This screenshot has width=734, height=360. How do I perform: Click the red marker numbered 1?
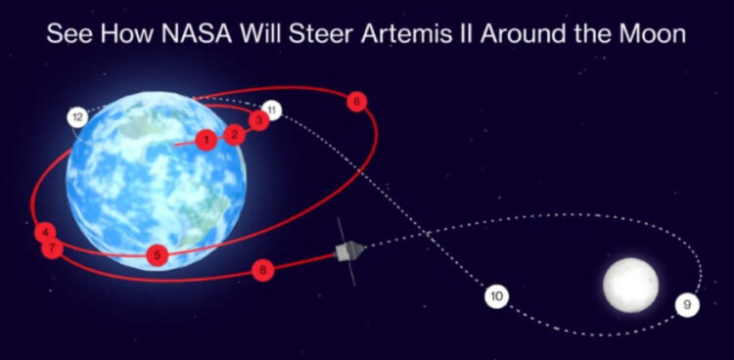tap(206, 140)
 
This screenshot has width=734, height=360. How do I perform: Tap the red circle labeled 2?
tap(235, 135)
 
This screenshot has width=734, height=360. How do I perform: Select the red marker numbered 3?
tap(259, 120)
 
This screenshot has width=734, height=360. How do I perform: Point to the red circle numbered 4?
tap(45, 233)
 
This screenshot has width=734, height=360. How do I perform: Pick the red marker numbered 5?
tap(158, 255)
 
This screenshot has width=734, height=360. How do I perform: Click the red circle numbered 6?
tap(356, 102)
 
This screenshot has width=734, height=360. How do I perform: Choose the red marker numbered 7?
tap(52, 248)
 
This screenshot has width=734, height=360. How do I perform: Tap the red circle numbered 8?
tap(262, 270)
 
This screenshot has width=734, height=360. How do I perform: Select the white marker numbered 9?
tap(687, 305)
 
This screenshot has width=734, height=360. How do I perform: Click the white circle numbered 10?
tap(496, 296)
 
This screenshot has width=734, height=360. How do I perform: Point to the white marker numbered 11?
tap(272, 111)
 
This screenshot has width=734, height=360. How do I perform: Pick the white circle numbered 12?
tap(77, 118)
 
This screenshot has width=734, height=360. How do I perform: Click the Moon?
tap(630, 285)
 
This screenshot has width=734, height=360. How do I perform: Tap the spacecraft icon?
tap(347, 251)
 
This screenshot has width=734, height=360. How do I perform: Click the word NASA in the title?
tap(197, 34)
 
